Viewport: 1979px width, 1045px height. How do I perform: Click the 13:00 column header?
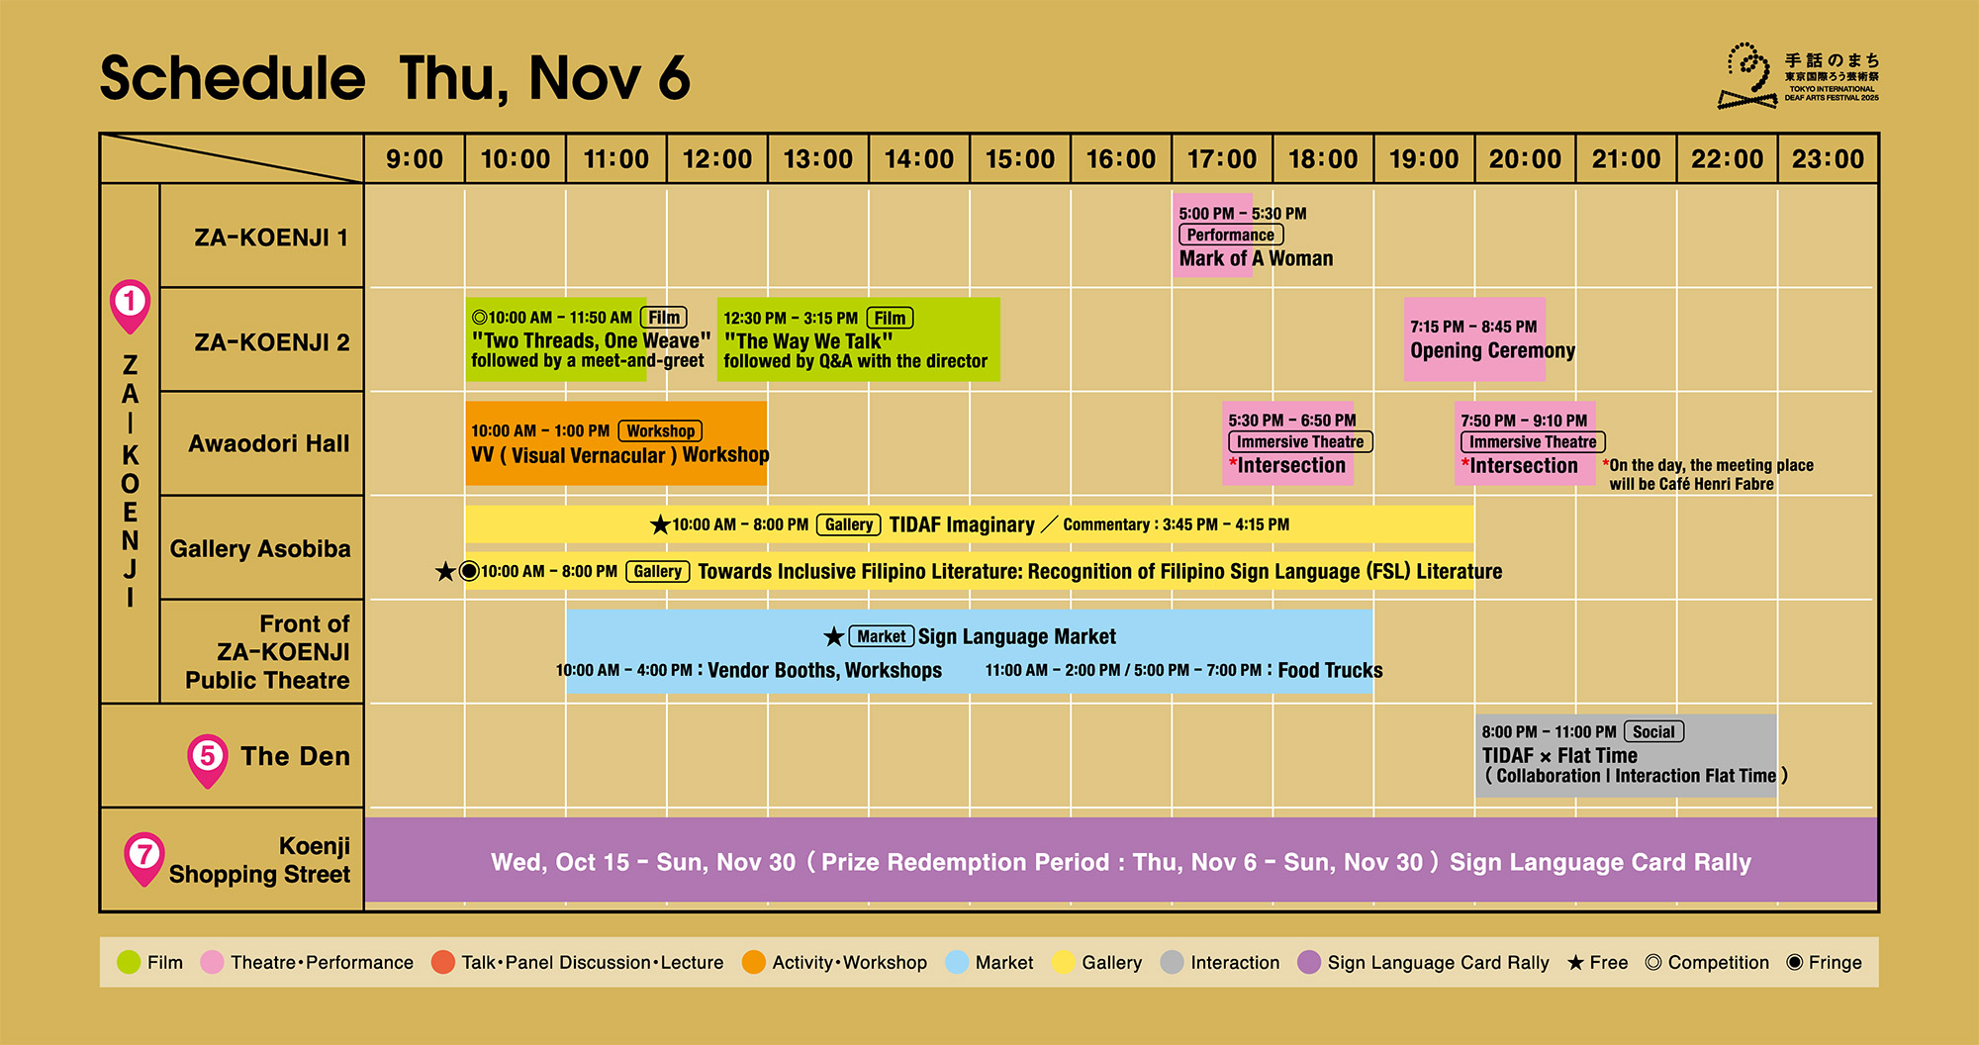pyautogui.click(x=817, y=158)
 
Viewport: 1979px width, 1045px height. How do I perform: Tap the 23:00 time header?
pyautogui.click(x=1828, y=158)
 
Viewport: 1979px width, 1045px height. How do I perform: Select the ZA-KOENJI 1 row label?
pyautogui.click(x=271, y=237)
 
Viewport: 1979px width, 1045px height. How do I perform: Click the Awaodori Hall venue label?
pyautogui.click(x=269, y=443)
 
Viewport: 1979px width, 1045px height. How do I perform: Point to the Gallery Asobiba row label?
pyautogui.click(x=260, y=548)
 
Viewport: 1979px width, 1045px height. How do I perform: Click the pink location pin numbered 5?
pyautogui.click(x=208, y=760)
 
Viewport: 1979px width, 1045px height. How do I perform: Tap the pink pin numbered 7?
pyautogui.click(x=144, y=857)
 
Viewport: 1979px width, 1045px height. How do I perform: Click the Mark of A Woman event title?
pyautogui.click(x=1256, y=258)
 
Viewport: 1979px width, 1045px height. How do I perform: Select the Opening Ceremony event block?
pyautogui.click(x=1474, y=339)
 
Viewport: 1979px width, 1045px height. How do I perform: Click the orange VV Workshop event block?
pyautogui.click(x=615, y=443)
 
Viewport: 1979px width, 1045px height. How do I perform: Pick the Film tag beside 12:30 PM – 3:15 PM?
pyautogui.click(x=890, y=318)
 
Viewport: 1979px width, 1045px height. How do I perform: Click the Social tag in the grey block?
pyautogui.click(x=1653, y=732)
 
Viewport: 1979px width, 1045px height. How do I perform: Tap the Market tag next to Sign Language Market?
pyautogui.click(x=881, y=636)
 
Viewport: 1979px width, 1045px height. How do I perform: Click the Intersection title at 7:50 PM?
pyautogui.click(x=1524, y=466)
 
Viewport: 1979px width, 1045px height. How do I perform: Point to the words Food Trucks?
pyautogui.click(x=1330, y=671)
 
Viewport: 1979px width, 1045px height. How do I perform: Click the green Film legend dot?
pyautogui.click(x=129, y=962)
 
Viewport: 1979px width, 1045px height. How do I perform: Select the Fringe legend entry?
pyautogui.click(x=1824, y=962)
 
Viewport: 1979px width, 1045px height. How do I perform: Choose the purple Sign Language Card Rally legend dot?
pyautogui.click(x=1309, y=962)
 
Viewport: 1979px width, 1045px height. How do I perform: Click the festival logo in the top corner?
pyautogui.click(x=1798, y=75)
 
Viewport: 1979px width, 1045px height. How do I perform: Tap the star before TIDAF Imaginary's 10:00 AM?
pyautogui.click(x=660, y=524)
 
